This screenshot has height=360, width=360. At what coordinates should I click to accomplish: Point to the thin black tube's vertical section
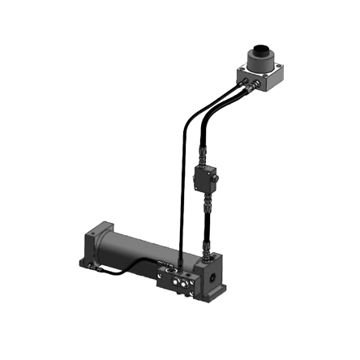tap(183, 186)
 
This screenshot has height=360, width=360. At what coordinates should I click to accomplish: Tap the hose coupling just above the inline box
tap(204, 156)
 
